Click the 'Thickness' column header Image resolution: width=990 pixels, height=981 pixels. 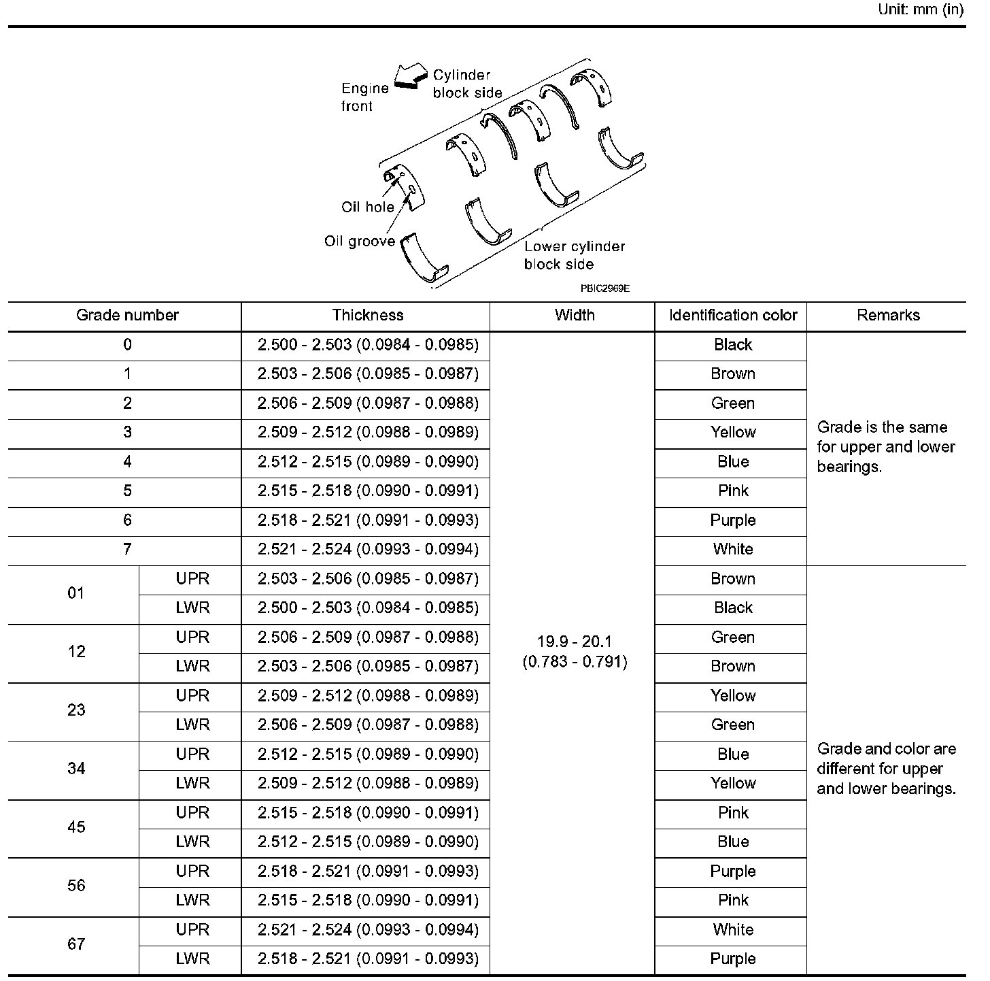pos(367,316)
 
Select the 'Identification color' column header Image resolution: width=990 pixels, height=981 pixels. pos(732,316)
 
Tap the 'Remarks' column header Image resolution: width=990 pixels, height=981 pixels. pos(888,316)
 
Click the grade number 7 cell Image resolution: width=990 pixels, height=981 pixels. pos(127,550)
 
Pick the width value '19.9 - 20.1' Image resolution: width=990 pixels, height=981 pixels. pos(575,642)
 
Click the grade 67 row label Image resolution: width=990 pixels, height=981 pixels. pos(76,944)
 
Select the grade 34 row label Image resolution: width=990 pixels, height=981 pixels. pos(76,769)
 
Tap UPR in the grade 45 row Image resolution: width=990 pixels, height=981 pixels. pos(192,813)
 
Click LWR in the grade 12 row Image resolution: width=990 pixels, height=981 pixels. pos(192,667)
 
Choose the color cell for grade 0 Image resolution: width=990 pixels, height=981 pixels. pos(732,345)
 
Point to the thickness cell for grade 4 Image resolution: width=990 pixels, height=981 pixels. pos(368,462)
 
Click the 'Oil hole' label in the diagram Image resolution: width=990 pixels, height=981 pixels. pos(367,207)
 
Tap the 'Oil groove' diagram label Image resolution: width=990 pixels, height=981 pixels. pos(359,242)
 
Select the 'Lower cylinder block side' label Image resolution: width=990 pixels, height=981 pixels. pos(574,255)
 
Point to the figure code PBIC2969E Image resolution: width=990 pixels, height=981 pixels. pos(604,288)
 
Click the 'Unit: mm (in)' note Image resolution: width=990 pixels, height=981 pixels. pos(921,10)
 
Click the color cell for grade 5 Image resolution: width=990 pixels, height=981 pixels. pos(732,491)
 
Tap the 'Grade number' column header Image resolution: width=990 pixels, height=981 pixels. pos(127,316)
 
